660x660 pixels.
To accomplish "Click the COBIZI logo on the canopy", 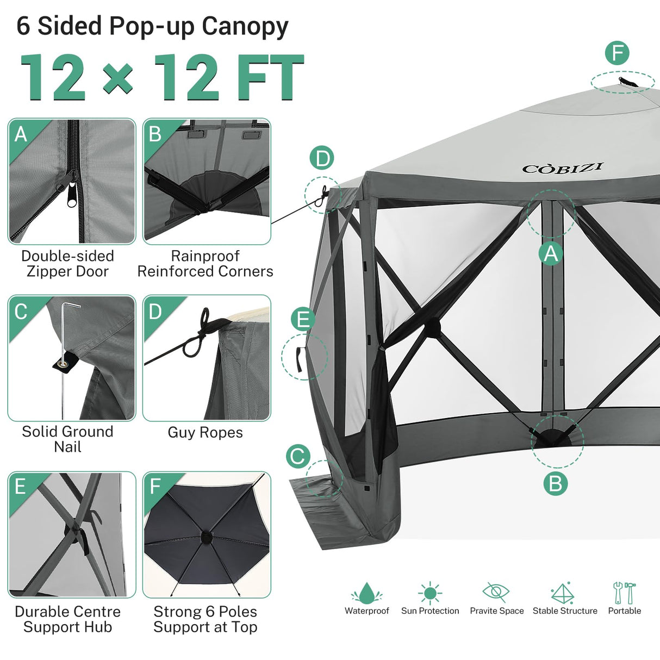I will coord(562,168).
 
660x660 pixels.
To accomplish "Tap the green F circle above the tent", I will coord(617,53).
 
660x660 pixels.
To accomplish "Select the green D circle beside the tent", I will coord(322,158).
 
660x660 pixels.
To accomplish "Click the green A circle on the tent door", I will coord(551,254).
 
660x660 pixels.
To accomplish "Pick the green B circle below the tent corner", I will coord(555,483).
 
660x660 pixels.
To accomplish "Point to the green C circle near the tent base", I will coord(298,456).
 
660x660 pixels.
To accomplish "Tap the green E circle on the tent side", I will coord(303,319).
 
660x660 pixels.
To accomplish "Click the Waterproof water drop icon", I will coord(367,593).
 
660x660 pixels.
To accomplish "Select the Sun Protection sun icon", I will coord(430,593).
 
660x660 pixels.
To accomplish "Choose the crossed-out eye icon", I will coord(496,591).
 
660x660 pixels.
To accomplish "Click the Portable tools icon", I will coord(624,592).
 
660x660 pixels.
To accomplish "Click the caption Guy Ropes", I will coord(205,432).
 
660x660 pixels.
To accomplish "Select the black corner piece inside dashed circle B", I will coord(552,438).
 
